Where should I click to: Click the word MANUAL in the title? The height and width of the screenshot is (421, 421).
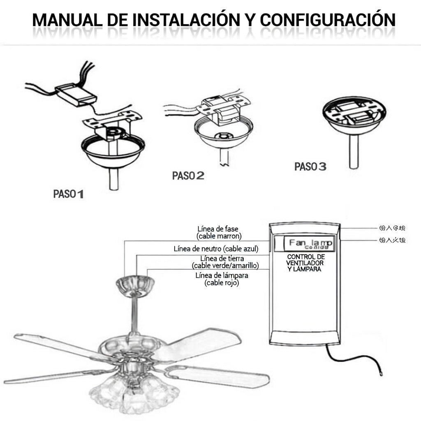click(64, 20)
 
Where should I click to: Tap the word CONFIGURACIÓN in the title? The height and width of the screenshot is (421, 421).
click(327, 20)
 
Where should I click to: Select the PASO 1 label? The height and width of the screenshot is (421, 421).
click(68, 194)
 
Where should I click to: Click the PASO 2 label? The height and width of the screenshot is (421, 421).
click(188, 176)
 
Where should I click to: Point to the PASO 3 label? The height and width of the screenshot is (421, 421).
click(310, 167)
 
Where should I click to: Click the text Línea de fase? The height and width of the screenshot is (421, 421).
click(217, 229)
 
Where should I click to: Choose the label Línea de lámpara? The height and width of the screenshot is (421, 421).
click(222, 275)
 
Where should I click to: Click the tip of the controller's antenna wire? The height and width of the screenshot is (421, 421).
click(381, 374)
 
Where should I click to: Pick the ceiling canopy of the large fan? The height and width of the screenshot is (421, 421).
click(135, 285)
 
